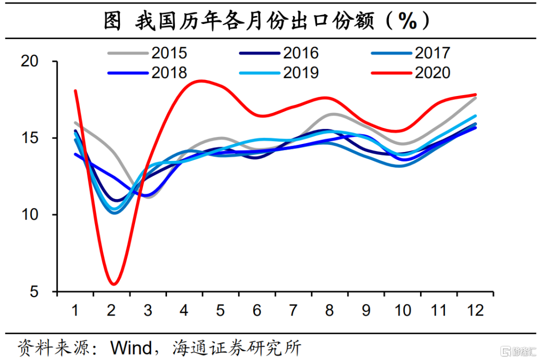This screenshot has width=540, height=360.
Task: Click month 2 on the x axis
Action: pos(111,310)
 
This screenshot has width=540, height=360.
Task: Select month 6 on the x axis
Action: pos(257,310)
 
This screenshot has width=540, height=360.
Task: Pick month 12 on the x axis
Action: pos(475,310)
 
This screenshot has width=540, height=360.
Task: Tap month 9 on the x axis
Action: pos(366,310)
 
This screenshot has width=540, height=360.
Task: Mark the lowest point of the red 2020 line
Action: pos(113,284)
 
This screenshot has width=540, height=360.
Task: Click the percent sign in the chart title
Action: pos(407,21)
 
